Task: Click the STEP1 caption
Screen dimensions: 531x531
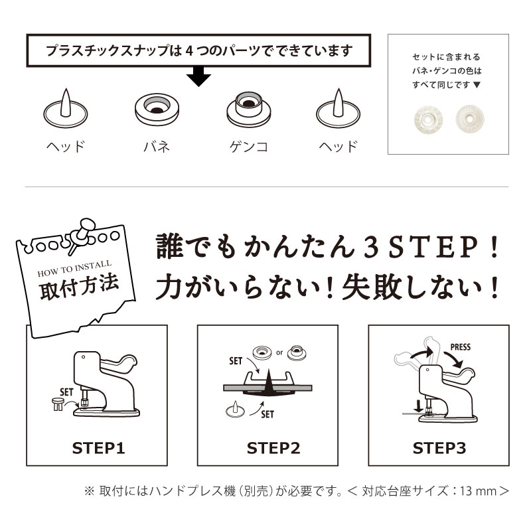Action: [98, 448]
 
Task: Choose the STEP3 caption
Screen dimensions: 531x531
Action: [439, 448]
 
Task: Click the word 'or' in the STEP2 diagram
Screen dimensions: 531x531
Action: [279, 352]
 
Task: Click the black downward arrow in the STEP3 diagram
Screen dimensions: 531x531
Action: [417, 404]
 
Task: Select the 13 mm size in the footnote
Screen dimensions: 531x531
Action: [477, 492]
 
